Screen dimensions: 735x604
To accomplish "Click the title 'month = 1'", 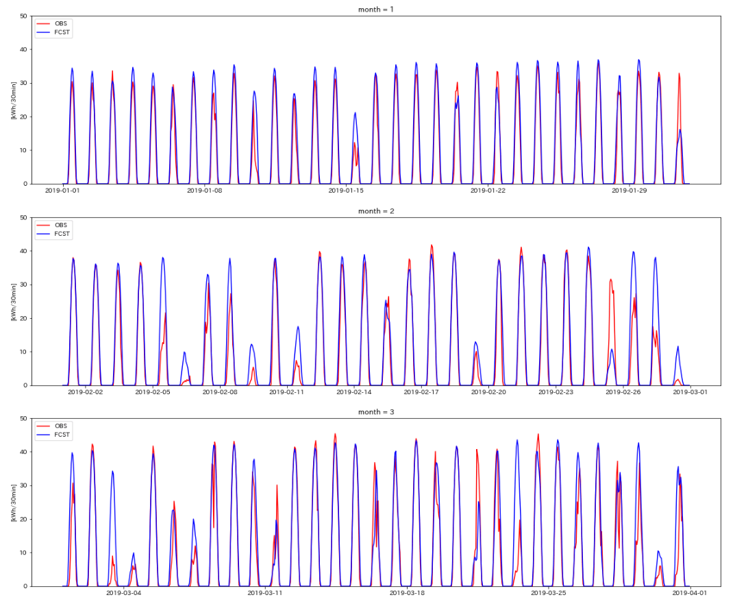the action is tap(376, 10).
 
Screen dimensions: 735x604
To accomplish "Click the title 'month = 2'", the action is tap(376, 211).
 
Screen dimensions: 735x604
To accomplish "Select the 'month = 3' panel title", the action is tap(376, 412).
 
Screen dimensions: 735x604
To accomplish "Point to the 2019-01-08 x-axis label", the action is tap(204, 191).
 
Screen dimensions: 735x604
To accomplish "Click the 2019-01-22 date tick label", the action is tap(488, 191).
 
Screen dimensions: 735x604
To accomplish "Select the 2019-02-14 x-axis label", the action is tap(354, 392).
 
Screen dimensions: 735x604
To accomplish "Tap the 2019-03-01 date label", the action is tap(690, 392).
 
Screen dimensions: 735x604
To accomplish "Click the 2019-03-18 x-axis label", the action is tap(407, 593).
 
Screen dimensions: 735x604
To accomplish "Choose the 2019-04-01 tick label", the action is tap(690, 593).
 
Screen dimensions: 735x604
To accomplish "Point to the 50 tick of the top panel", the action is tap(23, 16).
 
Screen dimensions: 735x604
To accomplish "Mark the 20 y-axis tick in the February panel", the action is tap(23, 318).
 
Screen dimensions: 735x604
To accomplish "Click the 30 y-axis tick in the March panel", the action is tap(23, 485).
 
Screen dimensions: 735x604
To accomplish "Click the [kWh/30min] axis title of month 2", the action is tap(14, 302).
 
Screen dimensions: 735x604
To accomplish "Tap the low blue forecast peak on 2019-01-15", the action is tap(356, 113).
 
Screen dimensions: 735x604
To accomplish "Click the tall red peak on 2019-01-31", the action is tap(679, 73).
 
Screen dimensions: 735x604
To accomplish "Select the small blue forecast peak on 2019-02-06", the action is tap(185, 352).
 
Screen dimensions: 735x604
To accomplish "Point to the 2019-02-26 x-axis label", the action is tap(623, 392).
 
